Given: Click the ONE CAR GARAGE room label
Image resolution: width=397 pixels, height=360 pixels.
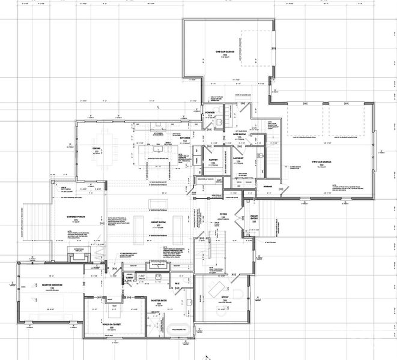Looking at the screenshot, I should point(228,52).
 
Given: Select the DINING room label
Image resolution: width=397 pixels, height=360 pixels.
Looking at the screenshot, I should point(96,149).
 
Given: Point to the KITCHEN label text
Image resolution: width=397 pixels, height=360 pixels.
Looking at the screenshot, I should point(185,137).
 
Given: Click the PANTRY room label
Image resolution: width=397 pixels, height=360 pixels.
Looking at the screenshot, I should point(212,160).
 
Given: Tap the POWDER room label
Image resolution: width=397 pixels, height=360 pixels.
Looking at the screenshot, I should point(210,112).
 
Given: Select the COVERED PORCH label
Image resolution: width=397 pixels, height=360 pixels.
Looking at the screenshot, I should point(76,217).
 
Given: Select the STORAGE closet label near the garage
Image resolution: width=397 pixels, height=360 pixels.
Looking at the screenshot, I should point(267,187).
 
